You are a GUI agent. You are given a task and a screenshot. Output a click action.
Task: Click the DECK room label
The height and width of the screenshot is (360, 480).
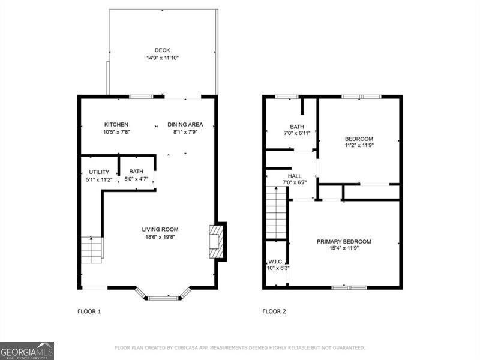pos(162,50)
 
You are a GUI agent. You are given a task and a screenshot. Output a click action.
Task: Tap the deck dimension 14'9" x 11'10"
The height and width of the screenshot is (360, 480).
pos(162,58)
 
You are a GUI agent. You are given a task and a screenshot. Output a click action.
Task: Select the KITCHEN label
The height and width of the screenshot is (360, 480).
pos(116,125)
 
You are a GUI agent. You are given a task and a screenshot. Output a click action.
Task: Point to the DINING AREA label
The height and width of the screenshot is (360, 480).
pos(185,125)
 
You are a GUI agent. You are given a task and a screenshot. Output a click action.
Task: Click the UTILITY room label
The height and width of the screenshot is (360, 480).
pos(99,172)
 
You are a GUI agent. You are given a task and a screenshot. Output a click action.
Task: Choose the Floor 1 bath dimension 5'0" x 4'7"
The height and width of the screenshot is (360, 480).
pos(136,179)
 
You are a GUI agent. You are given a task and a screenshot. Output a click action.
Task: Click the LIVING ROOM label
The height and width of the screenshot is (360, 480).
pos(160,229)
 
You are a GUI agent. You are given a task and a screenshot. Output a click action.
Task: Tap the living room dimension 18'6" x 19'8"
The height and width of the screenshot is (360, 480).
pos(160,236)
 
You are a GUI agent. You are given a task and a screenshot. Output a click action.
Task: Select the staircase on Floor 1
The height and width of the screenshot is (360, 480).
pos(92,250)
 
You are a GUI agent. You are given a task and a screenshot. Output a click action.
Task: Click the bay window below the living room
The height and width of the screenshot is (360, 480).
pos(163,295)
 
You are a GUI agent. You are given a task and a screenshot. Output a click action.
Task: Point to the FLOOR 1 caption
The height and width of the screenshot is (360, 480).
pos(89,311)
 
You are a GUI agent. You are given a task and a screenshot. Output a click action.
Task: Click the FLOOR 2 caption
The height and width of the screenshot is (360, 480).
pos(274,311)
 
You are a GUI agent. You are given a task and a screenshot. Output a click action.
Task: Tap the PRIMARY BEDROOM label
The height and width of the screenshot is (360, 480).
pos(344,242)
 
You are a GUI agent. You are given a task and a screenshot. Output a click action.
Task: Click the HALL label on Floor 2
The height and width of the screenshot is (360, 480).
pos(295,176)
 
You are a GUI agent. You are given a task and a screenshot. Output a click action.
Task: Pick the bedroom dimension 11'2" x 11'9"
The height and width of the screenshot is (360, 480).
pos(359,145)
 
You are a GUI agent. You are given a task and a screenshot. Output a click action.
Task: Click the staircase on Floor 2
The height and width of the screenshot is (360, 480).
pos(277,213)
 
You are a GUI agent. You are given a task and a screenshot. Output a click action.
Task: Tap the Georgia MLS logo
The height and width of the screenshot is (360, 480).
pos(27,350)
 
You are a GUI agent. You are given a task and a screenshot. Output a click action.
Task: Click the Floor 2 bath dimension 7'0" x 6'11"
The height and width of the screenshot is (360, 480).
pos(297,133)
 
